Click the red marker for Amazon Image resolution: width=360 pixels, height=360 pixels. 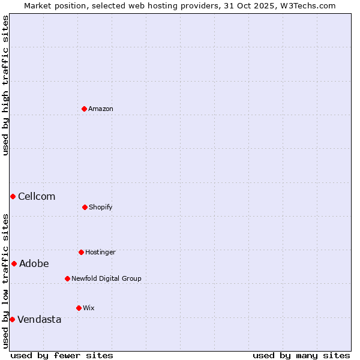[x=84, y=109]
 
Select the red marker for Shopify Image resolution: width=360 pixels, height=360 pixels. [x=85, y=207]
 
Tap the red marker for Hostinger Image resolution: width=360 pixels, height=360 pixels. [x=81, y=252]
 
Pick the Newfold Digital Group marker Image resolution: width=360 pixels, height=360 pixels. [x=67, y=278]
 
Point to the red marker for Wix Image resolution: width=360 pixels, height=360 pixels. [x=79, y=308]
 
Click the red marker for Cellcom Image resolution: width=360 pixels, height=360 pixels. [x=13, y=196]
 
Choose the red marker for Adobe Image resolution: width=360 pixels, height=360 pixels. [x=14, y=263]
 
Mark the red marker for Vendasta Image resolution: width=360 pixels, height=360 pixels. [x=12, y=319]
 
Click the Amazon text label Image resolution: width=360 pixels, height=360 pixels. [x=101, y=109]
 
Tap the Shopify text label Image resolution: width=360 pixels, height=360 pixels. [x=101, y=207]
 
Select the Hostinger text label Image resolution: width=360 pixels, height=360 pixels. [x=100, y=252]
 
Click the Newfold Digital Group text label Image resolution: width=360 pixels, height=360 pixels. [x=106, y=278]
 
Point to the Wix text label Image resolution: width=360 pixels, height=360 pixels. [x=89, y=308]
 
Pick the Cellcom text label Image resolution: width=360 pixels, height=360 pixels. [x=37, y=196]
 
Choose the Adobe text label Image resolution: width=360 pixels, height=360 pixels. [x=34, y=263]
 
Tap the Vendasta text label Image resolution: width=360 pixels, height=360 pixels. [x=40, y=319]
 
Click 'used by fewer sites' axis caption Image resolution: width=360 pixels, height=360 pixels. [x=62, y=355]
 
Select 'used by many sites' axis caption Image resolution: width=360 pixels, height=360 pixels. [x=301, y=355]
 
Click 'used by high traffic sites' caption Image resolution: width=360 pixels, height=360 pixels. [x=5, y=85]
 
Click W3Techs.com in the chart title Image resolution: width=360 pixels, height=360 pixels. [x=307, y=5]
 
